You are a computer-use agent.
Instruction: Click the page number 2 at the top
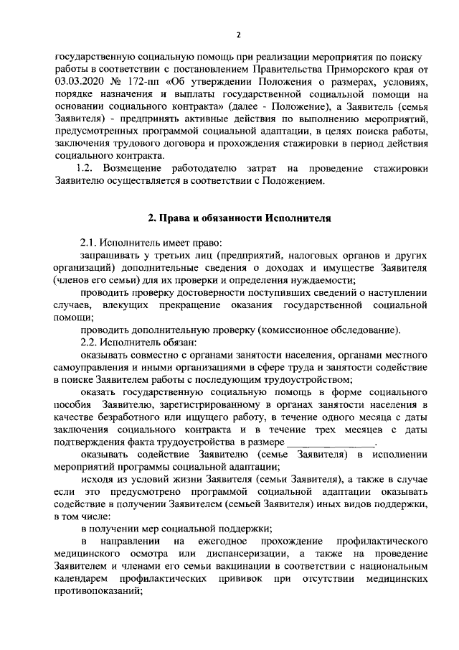pyautogui.click(x=239, y=34)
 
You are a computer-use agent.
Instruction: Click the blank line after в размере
pyautogui.click(x=331, y=444)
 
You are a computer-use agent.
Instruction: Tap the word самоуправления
pyautogui.click(x=93, y=368)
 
